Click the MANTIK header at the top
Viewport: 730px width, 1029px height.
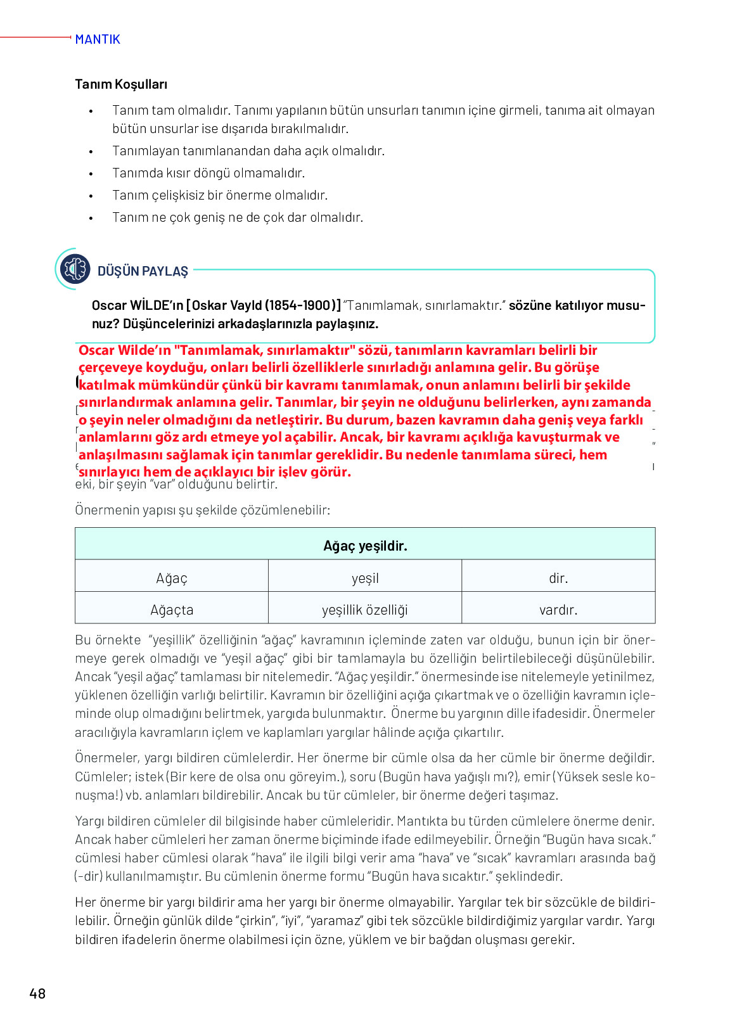pyautogui.click(x=97, y=39)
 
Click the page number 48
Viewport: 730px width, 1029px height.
pyautogui.click(x=37, y=993)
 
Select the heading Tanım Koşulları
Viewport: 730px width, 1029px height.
pyautogui.click(x=121, y=84)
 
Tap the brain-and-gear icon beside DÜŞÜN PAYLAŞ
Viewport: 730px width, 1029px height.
pyautogui.click(x=75, y=269)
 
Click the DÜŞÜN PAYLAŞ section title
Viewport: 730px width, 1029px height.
pyautogui.click(x=143, y=271)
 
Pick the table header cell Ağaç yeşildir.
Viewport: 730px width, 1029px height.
pyautogui.click(x=365, y=546)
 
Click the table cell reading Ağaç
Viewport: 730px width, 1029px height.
pyautogui.click(x=172, y=578)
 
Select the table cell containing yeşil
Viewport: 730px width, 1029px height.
pyautogui.click(x=365, y=578)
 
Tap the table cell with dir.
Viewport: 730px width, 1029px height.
pyautogui.click(x=558, y=578)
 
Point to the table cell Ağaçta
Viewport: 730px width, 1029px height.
pyautogui.click(x=172, y=610)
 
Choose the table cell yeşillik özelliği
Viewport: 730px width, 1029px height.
pyautogui.click(x=365, y=610)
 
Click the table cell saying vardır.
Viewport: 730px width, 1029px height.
pyautogui.click(x=558, y=610)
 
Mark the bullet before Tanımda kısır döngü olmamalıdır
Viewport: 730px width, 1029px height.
pyautogui.click(x=91, y=174)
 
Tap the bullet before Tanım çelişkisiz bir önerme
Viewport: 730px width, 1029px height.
pyautogui.click(x=91, y=196)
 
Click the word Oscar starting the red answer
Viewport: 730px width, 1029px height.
pyautogui.click(x=96, y=350)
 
